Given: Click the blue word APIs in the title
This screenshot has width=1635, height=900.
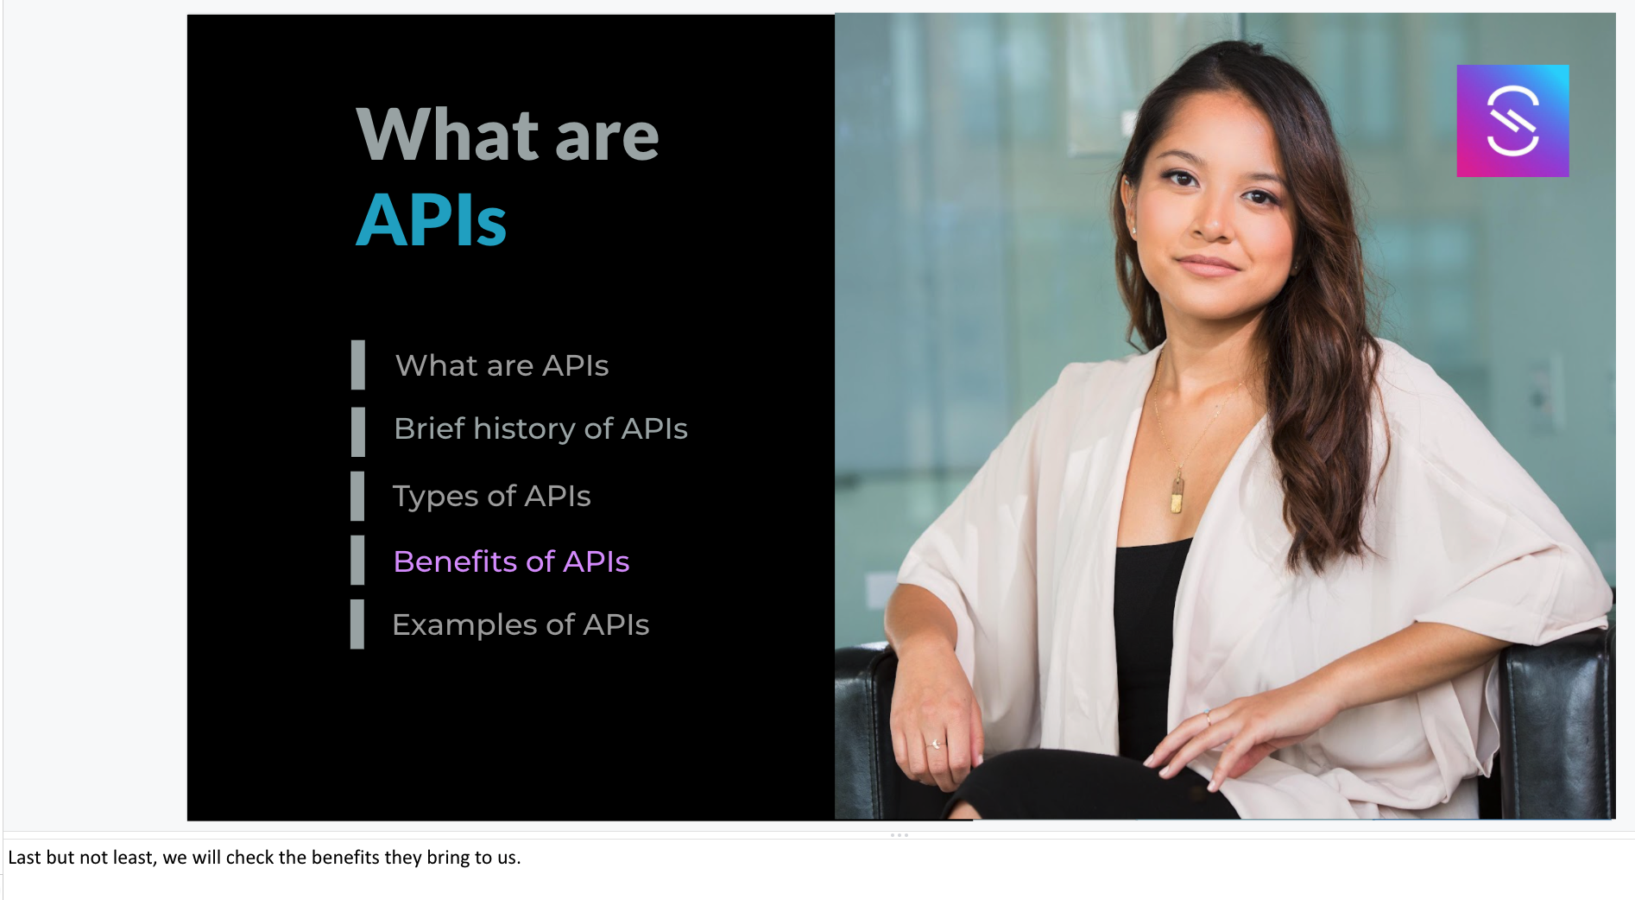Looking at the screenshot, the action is pos(431,219).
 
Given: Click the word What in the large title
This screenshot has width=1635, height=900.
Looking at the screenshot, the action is pos(449,135).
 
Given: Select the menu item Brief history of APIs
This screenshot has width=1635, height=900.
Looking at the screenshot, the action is pos(540,429).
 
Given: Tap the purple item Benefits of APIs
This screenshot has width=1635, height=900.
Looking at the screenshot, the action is pos(511,561).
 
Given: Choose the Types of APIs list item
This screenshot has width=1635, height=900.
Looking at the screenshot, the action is pos(491,497).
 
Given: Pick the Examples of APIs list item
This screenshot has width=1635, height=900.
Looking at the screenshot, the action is pos(521,624).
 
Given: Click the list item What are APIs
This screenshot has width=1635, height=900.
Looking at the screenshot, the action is pos(502,365).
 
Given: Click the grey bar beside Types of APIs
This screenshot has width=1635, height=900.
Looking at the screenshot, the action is pos(357,497).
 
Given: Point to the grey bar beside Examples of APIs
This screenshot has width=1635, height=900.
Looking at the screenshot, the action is pos(357,624).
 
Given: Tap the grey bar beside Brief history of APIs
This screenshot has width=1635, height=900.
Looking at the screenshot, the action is pos(358,432).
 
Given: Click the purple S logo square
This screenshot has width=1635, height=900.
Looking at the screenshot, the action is pos(1512,121).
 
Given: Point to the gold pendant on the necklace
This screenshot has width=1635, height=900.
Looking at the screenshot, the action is pos(1177,495).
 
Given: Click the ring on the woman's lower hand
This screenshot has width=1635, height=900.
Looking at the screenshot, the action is pos(936,744).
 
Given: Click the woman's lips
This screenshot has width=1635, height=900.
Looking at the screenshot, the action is pos(1207,264).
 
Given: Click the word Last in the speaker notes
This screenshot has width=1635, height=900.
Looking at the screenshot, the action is pos(24,857).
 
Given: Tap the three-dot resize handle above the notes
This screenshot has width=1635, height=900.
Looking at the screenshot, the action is pos(900,835).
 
